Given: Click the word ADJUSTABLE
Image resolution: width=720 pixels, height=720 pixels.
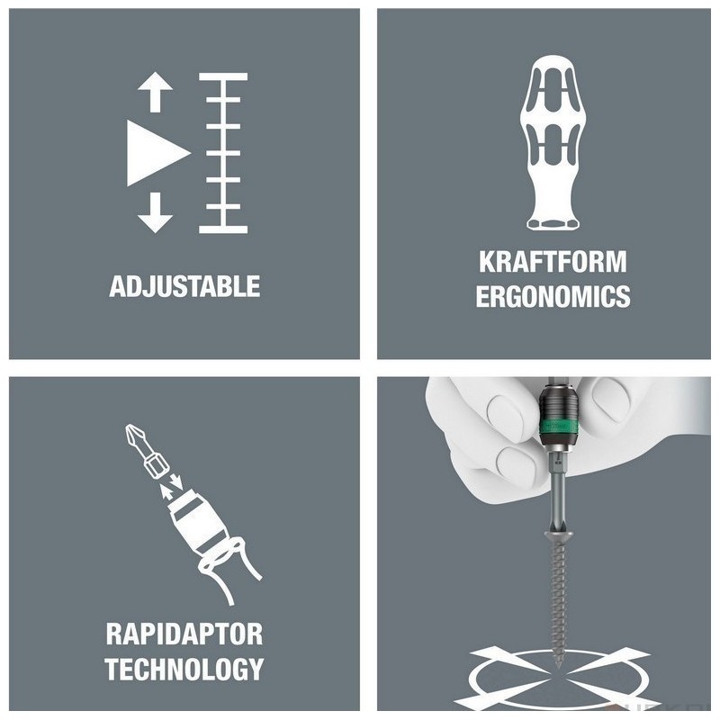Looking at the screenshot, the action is pos(184,286).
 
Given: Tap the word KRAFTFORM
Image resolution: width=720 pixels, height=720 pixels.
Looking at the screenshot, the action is pos(553,261).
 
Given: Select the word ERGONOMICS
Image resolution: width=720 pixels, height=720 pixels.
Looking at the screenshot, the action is pos(553,296).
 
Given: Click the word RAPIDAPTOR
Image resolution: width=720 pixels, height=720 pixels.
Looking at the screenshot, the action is pos(184,634).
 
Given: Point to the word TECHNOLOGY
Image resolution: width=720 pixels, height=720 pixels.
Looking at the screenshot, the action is pos(184,669).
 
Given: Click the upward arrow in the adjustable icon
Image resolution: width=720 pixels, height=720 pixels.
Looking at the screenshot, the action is pos(155,92).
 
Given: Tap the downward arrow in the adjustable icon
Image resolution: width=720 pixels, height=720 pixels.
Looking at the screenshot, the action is pos(155,212).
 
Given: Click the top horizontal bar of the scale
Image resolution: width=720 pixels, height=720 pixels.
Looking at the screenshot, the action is pos(223,76).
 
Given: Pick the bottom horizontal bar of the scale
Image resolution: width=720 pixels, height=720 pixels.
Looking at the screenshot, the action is pos(223,229).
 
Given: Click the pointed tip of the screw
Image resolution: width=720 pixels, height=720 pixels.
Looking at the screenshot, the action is pos(559,667).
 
